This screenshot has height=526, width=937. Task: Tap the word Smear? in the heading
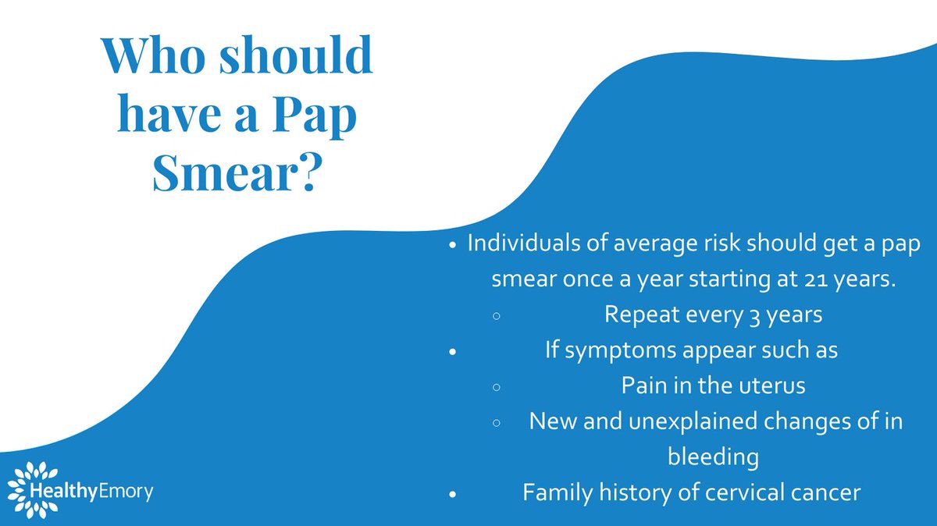(x=233, y=173)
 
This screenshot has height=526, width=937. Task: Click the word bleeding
(x=713, y=457)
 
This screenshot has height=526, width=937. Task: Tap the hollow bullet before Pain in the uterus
(x=497, y=386)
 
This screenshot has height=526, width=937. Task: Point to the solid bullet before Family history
(x=452, y=493)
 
